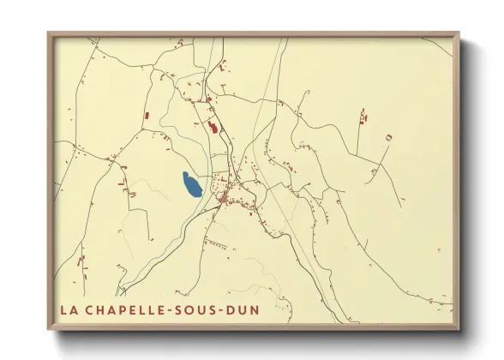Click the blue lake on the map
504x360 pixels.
coord(191,184)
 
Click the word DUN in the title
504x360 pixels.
coord(245,305)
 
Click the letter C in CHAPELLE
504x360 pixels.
coord(88,305)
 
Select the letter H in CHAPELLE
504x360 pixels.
coord(99,305)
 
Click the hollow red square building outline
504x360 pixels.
coord(388,137)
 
